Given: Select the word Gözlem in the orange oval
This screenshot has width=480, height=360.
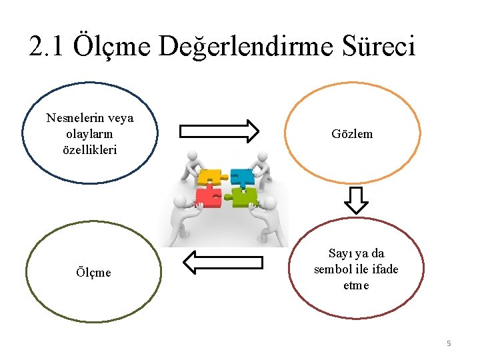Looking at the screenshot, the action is tap(352, 134).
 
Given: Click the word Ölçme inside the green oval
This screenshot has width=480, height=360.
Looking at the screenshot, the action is tap(93, 272).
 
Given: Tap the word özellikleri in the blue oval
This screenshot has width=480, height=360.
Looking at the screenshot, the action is tap(89, 149).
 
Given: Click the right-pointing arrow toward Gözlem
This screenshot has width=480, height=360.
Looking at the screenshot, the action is tap(219, 131).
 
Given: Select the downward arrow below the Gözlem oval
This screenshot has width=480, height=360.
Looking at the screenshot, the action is tap(357, 199).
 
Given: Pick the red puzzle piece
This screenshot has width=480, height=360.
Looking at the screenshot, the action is tap(208, 197).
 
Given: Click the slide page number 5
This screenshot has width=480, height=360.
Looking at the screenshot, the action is tap(449, 343).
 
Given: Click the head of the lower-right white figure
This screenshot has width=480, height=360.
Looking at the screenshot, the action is tap(270, 202).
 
